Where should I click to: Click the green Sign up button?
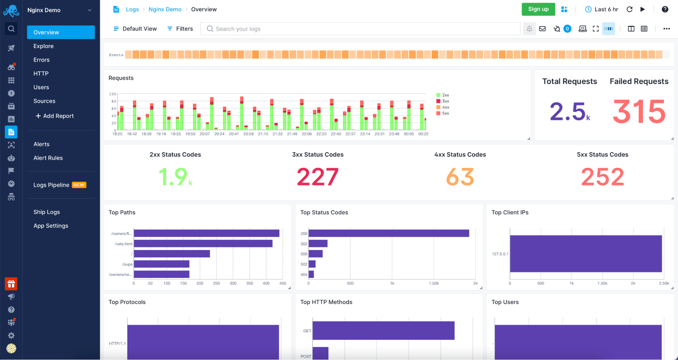coord(538,9)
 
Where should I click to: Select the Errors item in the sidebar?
coord(41,60)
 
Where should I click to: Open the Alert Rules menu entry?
coord(48,158)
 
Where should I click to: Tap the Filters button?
coord(180,29)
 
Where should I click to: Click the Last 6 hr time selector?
coord(602,9)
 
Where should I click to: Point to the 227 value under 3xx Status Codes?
coord(317,177)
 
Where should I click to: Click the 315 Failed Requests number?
coord(639,112)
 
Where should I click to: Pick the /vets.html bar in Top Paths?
coord(203,244)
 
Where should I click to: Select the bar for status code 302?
coord(318,244)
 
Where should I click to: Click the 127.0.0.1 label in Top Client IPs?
coord(500,254)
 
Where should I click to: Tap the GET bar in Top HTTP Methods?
coord(383,330)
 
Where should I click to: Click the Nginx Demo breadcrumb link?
coord(165,9)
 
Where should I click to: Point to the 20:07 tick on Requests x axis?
coord(205,134)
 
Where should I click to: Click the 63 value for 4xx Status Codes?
coord(460,177)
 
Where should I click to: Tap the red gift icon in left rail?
coord(11,284)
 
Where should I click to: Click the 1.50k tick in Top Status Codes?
coord(433,283)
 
